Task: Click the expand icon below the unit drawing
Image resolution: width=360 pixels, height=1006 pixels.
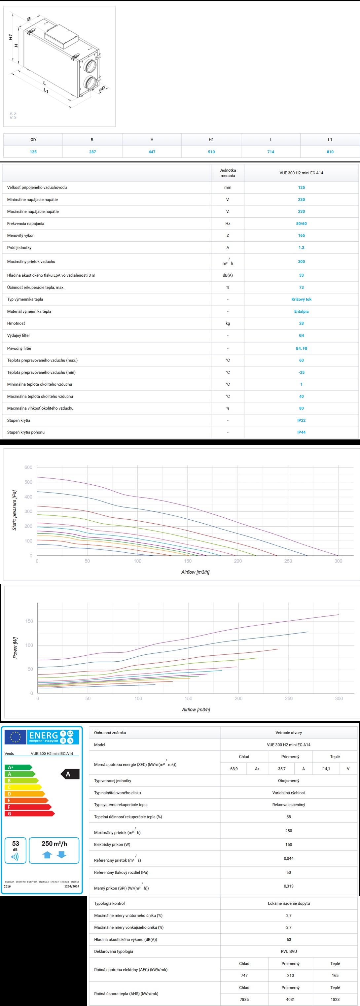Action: click(x=13, y=115)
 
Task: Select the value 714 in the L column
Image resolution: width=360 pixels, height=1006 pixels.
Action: click(x=270, y=152)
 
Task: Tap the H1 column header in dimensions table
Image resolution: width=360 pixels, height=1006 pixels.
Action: click(x=211, y=140)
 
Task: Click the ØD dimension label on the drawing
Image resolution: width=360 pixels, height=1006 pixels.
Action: click(x=102, y=89)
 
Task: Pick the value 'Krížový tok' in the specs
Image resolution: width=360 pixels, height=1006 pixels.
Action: click(x=301, y=299)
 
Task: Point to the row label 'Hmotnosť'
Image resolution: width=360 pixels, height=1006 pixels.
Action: click(x=16, y=323)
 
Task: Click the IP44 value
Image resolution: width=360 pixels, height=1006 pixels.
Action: click(x=301, y=432)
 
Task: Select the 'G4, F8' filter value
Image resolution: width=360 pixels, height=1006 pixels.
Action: click(x=301, y=348)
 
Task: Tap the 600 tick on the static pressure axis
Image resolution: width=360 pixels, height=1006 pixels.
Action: click(x=28, y=468)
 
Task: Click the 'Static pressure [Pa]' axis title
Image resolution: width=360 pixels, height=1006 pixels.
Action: click(x=15, y=510)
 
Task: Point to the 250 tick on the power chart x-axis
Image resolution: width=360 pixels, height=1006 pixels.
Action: click(x=289, y=699)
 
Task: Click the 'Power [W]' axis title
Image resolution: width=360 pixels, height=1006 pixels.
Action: click(x=15, y=647)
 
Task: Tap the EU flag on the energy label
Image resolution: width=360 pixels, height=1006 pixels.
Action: click(x=16, y=737)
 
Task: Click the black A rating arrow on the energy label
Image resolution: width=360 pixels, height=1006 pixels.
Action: click(x=69, y=774)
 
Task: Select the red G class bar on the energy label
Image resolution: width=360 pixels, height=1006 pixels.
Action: click(x=29, y=814)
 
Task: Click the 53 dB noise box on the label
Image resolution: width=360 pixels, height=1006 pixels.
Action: click(x=15, y=850)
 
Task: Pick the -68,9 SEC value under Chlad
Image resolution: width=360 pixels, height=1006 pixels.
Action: click(x=233, y=769)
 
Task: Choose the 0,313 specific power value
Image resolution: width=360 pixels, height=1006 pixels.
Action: click(x=289, y=886)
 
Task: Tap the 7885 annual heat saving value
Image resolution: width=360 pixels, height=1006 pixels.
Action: click(x=244, y=999)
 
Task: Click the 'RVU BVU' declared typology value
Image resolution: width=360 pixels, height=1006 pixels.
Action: click(x=289, y=951)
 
